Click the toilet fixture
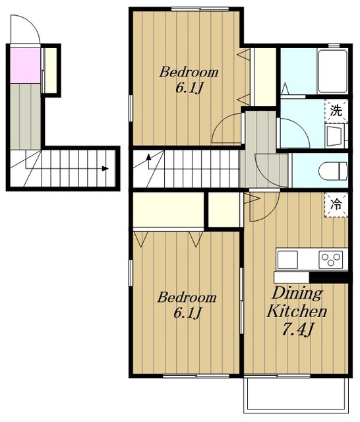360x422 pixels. click(333, 171)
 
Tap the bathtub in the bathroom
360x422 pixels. click(332, 72)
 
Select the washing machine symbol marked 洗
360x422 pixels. click(336, 111)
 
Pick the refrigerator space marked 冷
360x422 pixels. click(336, 204)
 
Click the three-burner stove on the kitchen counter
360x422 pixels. click(331, 260)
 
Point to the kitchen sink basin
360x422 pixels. click(287, 260)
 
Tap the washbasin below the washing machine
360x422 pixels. click(334, 135)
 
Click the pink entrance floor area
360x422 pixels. click(25, 65)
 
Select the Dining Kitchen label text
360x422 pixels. click(297, 302)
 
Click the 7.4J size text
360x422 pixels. click(297, 329)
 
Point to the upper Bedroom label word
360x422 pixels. click(189, 73)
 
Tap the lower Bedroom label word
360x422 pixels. click(187, 297)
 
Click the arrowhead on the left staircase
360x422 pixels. click(105, 169)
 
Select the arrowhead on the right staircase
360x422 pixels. click(148, 157)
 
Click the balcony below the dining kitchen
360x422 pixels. click(297, 394)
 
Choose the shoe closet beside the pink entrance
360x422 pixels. click(50, 70)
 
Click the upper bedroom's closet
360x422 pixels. click(265, 77)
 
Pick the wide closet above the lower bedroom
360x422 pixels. click(168, 210)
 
